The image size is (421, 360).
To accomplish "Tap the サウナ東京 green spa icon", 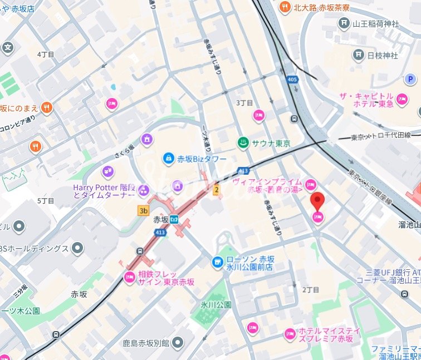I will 243,143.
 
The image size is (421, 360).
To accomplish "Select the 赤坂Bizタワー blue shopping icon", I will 167,159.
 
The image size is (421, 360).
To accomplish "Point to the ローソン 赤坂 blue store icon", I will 217,262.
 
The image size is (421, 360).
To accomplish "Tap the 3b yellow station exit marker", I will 144,210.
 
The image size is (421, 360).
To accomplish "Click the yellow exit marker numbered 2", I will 217,190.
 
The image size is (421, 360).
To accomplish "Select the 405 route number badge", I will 293,80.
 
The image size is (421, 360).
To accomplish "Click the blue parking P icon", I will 410,80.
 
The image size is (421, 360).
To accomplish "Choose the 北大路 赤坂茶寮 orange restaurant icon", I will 285,7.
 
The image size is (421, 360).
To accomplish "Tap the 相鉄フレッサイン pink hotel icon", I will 130,277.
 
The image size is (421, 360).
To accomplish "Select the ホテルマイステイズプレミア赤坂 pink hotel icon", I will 290,334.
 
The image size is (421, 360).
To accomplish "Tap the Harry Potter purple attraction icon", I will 107,172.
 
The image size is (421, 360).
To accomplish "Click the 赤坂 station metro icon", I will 174,219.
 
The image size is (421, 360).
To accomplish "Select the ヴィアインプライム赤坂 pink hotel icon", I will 310,184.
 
